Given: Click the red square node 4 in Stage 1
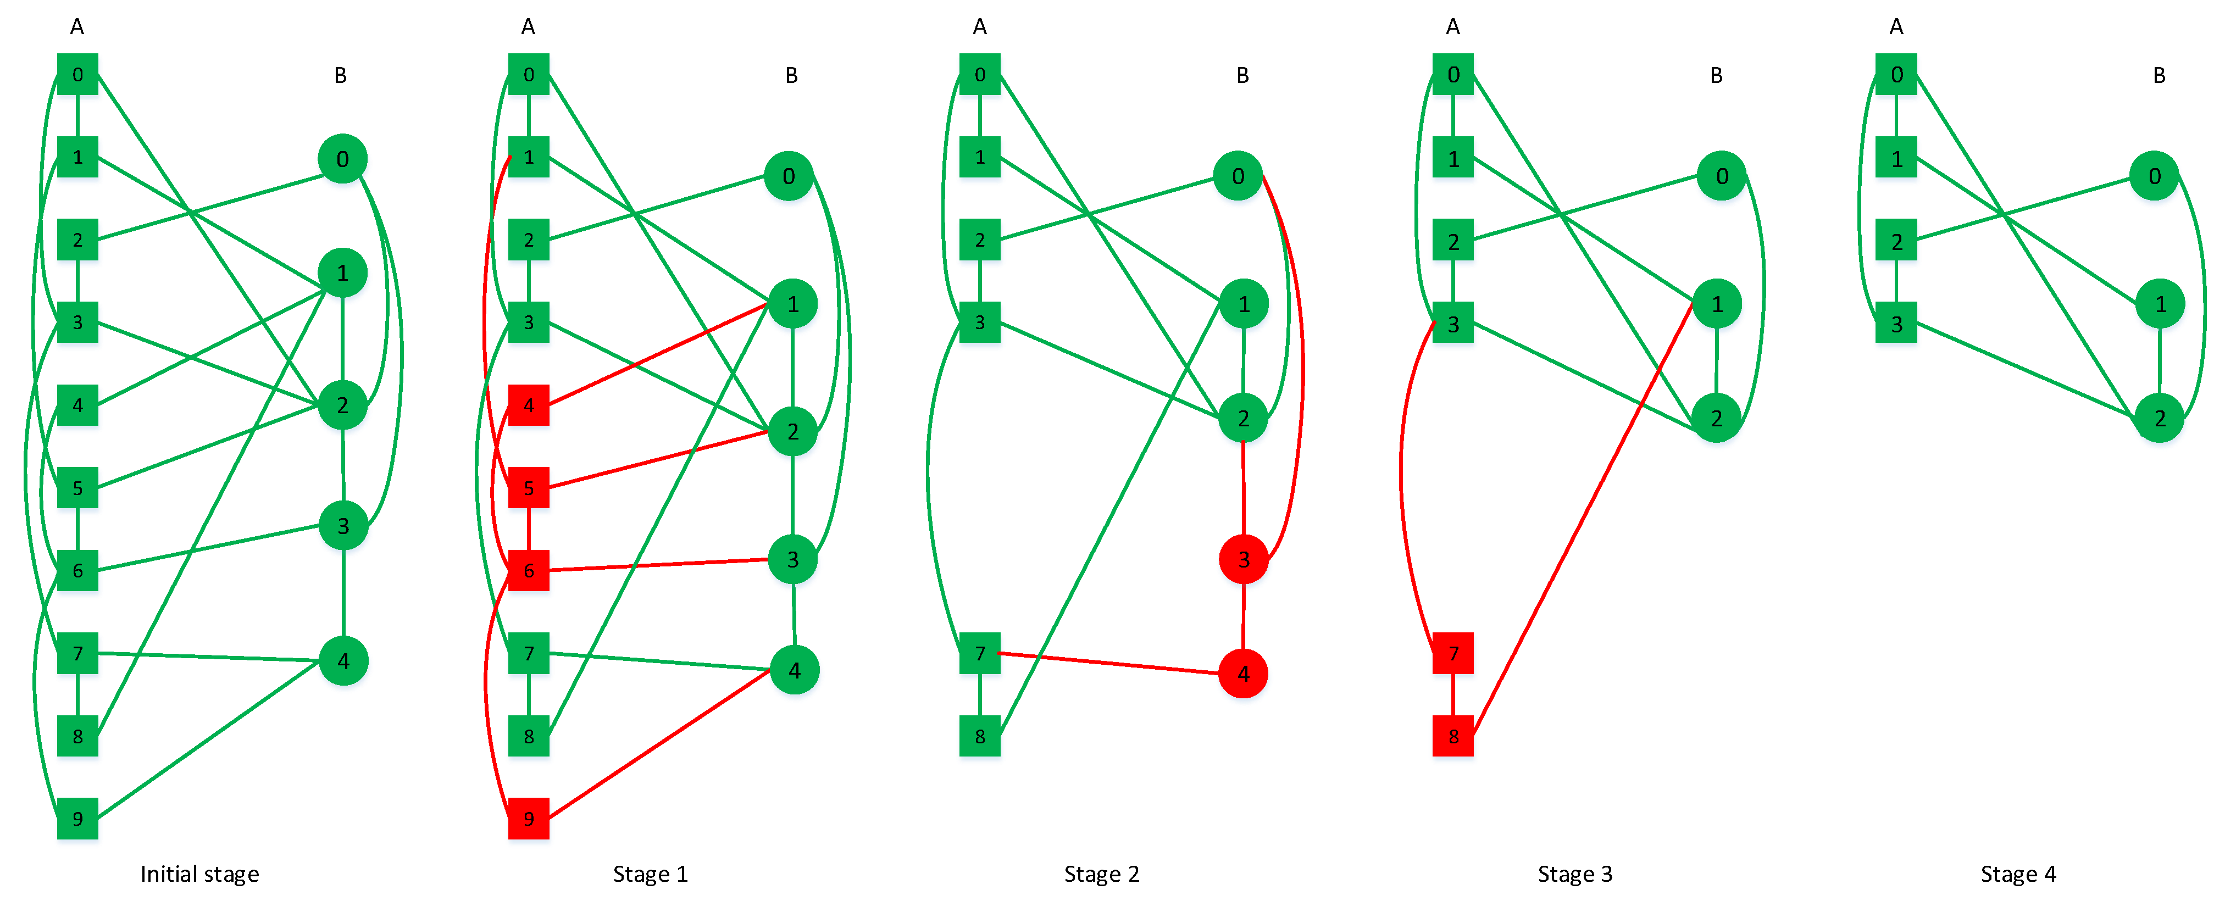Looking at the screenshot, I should (529, 405).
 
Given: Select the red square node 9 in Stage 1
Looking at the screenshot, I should (529, 819).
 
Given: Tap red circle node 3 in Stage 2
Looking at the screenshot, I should (1243, 560).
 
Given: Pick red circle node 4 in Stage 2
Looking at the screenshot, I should (1243, 674).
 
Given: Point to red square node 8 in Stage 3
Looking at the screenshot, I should (1453, 736).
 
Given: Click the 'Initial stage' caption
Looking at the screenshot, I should (199, 874).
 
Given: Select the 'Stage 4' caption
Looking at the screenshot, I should (2018, 874).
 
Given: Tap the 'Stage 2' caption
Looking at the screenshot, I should (1101, 874).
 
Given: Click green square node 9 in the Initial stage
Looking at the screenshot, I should (77, 819).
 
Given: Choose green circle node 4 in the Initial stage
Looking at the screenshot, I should (344, 661).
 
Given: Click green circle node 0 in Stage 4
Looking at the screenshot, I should (2155, 176).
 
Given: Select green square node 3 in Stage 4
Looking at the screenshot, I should (1896, 324).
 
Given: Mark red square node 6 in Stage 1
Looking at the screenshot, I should (529, 570).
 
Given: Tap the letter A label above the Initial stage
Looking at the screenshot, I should (77, 27).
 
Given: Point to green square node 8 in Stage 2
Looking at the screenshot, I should (980, 736).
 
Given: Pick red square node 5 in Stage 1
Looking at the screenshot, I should (529, 488).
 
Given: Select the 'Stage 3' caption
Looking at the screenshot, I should (1574, 874).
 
